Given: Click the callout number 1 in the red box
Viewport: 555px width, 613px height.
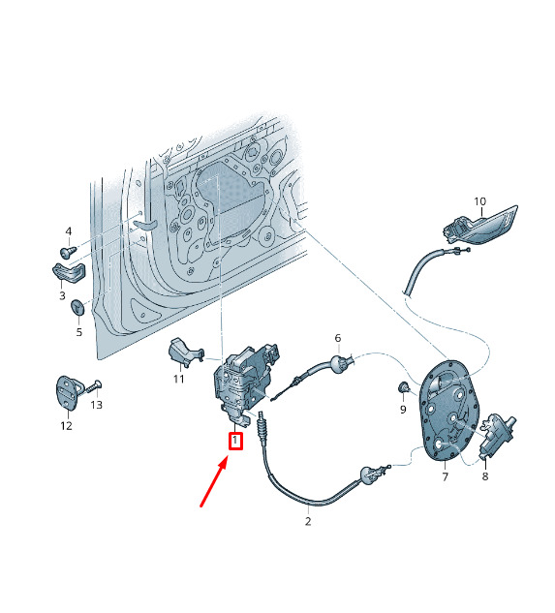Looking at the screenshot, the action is click(x=235, y=441).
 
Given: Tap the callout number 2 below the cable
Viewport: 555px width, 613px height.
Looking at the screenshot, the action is click(x=308, y=521).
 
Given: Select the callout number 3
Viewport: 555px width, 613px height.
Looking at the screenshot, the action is click(x=62, y=295).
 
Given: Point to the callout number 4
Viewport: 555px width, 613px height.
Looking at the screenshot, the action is click(x=69, y=231).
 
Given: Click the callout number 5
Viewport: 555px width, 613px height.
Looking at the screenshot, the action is click(x=79, y=332).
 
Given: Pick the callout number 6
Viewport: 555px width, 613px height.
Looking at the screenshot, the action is click(x=338, y=338).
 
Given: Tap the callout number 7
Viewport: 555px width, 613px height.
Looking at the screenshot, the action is click(x=446, y=476).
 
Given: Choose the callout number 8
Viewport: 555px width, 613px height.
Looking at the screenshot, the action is click(x=485, y=476).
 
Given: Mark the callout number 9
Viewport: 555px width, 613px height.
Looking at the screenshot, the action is click(x=403, y=409).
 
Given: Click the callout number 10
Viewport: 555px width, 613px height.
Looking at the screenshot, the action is click(x=479, y=201).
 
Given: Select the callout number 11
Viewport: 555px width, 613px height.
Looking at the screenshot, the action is click(x=179, y=379).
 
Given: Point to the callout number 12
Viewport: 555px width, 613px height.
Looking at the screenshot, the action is click(x=67, y=425).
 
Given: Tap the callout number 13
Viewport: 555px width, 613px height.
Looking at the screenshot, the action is click(x=96, y=405).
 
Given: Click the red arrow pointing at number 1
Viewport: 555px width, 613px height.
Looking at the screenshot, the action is click(x=213, y=483).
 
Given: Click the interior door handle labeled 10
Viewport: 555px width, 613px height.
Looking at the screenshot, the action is click(x=480, y=227).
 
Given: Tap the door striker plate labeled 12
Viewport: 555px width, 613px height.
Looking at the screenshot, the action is click(x=69, y=393).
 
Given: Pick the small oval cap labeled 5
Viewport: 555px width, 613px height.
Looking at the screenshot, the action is click(x=77, y=307).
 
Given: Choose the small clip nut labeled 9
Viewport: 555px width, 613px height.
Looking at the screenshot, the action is click(x=403, y=387).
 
